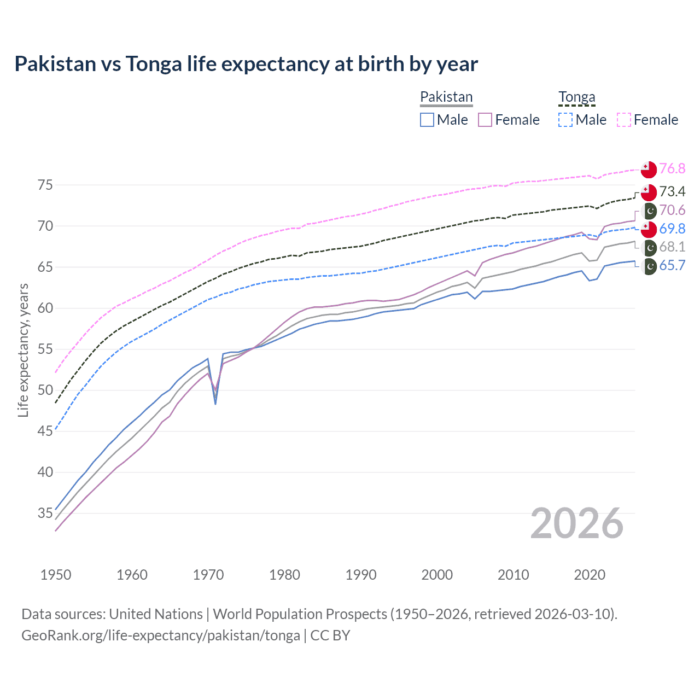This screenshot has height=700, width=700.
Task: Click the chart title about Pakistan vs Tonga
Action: click(246, 64)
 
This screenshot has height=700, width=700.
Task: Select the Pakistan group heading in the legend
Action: click(446, 97)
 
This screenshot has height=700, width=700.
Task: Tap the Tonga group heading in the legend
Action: click(576, 97)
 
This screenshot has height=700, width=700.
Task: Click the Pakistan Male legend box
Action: click(427, 120)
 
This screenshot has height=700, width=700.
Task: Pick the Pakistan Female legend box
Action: click(485, 120)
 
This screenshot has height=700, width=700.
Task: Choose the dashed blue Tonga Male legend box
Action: click(565, 120)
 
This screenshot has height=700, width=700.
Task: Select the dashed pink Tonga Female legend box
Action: click(624, 120)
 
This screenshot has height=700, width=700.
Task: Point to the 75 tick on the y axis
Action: click(45, 185)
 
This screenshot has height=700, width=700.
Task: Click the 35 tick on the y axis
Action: click(45, 513)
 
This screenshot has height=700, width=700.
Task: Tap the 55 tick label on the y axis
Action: click(45, 349)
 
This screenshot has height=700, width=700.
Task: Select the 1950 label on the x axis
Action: click(56, 575)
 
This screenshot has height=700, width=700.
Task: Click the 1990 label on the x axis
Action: click(361, 575)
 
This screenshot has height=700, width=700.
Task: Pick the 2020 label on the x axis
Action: click(590, 575)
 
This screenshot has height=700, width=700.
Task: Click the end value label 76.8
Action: click(672, 169)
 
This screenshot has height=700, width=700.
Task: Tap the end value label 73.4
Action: click(672, 191)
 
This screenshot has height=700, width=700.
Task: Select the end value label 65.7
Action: click(672, 266)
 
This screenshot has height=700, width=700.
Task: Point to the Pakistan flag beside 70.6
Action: click(649, 211)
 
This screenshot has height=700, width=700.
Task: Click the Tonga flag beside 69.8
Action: click(649, 229)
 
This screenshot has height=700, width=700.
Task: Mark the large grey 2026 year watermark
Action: click(576, 523)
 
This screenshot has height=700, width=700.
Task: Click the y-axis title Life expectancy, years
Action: click(23, 350)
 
